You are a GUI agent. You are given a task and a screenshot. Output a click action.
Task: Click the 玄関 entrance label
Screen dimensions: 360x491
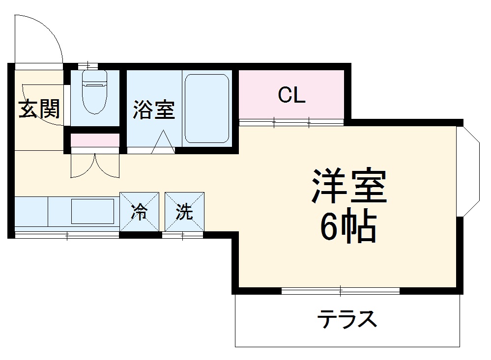[39, 109]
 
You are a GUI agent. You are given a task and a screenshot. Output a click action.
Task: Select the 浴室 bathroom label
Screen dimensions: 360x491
[154, 110]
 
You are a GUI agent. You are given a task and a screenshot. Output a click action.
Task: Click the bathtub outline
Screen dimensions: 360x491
[206, 109]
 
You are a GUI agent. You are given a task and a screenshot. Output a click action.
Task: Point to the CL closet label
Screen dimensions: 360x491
[291, 95]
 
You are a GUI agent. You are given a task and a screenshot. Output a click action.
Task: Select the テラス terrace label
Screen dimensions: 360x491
[347, 320]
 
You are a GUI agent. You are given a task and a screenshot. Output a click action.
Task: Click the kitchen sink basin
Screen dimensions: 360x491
[92, 211]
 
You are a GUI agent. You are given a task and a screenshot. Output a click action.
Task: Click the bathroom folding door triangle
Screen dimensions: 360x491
[163, 144]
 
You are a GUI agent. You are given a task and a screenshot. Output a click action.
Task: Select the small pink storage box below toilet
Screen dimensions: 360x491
[95, 140]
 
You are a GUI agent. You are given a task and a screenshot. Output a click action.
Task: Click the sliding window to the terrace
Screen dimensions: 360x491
[340, 291]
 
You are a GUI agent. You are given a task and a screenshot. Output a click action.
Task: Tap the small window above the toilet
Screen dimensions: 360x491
[87, 65]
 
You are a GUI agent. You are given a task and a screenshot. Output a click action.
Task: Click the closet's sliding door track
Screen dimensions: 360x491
[291, 122]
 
